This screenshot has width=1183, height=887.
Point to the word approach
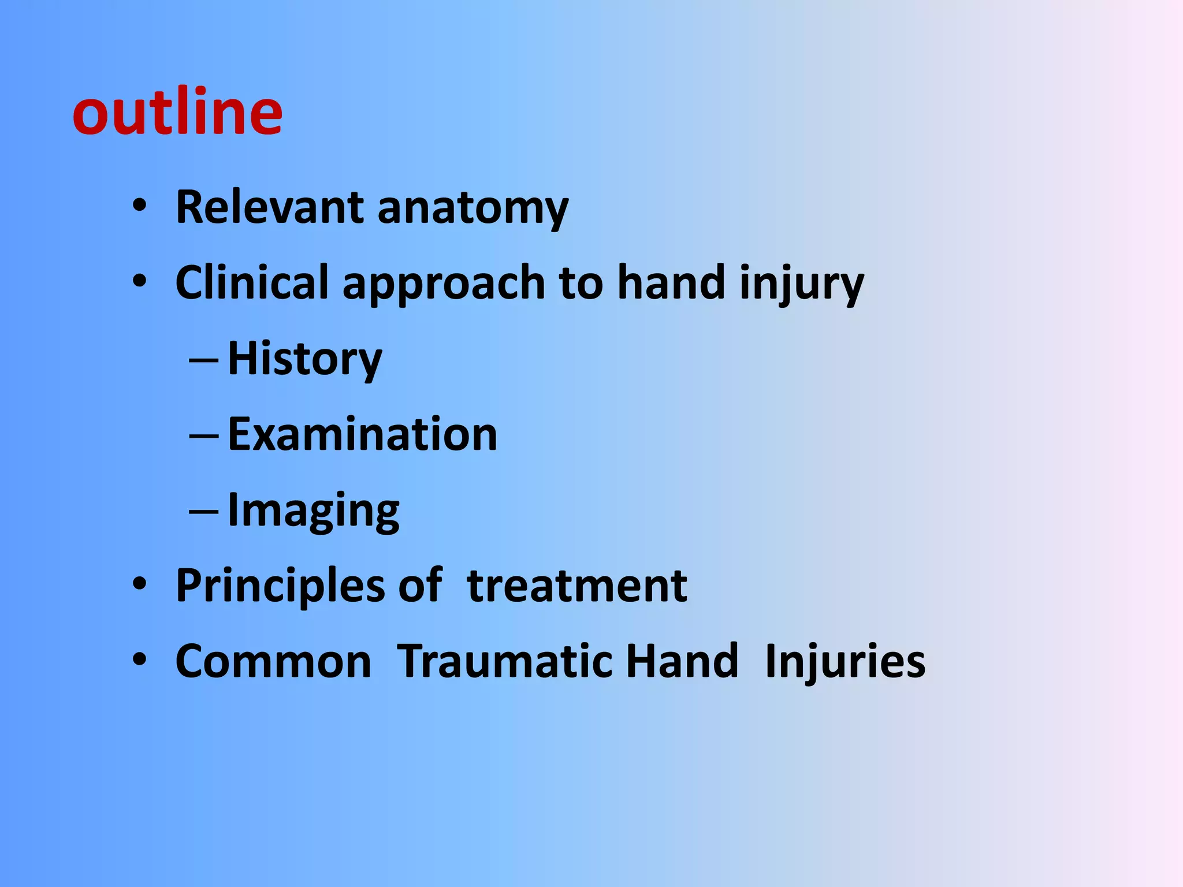(x=444, y=284)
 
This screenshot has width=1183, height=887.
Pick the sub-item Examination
(x=362, y=434)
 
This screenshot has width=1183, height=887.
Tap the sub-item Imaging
(x=313, y=510)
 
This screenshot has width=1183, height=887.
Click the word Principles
(x=280, y=586)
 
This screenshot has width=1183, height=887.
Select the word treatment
(x=576, y=586)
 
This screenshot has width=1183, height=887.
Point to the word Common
(x=273, y=661)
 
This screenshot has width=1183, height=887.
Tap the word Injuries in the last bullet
(x=845, y=661)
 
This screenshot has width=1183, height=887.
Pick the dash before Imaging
(x=203, y=512)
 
